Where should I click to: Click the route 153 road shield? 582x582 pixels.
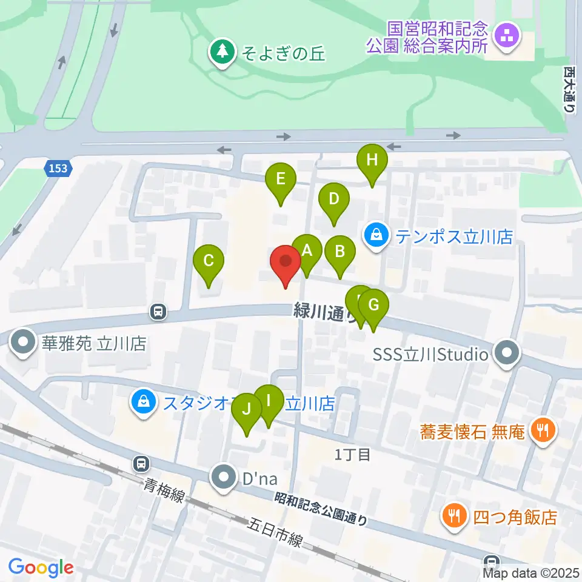coord(59,169)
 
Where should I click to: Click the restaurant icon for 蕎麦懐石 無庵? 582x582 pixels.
coord(539,432)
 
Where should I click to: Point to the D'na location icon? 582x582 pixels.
coord(224,478)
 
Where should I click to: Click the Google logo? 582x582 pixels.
coord(41,568)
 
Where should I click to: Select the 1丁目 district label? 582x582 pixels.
coord(353,455)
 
